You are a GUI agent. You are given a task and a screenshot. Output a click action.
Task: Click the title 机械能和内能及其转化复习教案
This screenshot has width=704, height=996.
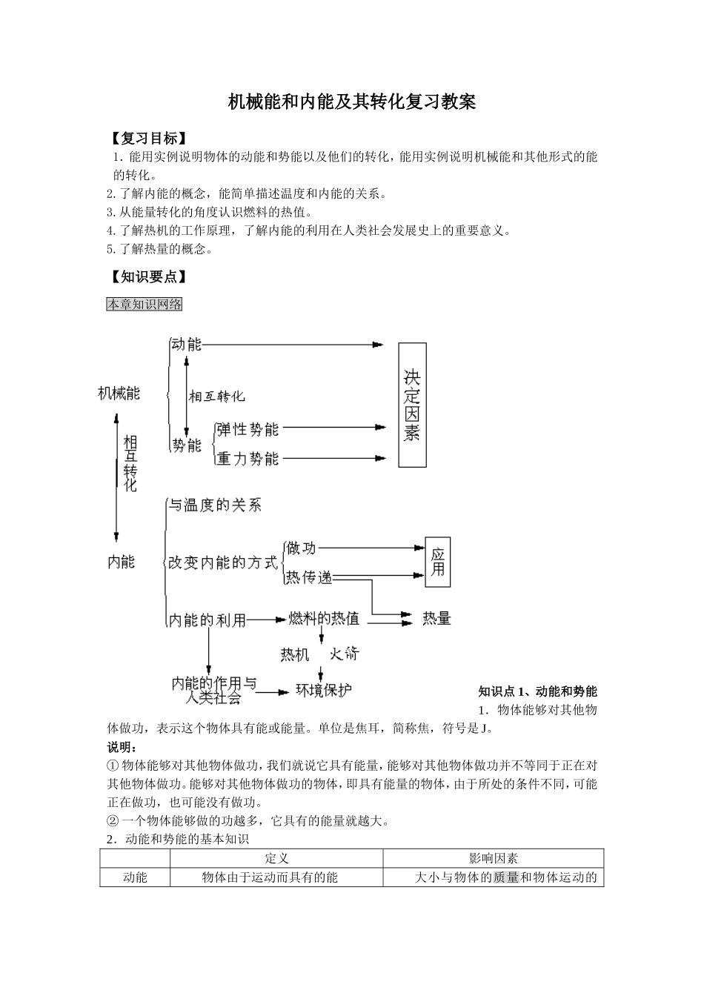coord(351,102)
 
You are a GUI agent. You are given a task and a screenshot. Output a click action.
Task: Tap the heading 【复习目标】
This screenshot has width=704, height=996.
coord(147,139)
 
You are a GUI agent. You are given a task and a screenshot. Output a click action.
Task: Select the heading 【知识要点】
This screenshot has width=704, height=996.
coord(147,277)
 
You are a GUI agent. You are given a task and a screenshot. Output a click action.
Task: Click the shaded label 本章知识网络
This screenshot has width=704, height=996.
coord(145,304)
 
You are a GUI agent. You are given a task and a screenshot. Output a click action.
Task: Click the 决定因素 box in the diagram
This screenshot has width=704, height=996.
coord(412,405)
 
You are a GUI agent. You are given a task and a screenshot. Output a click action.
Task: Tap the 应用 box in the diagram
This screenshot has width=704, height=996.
coord(437,562)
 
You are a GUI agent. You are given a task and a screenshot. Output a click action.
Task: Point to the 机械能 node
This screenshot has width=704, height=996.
coord(119,394)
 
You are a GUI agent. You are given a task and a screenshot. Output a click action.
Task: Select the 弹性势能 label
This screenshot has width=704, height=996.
coord(248,428)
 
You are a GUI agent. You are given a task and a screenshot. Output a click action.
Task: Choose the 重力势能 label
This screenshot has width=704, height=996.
coord(248,459)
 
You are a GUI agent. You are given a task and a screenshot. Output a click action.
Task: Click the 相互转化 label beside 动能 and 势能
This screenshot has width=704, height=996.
coord(216,396)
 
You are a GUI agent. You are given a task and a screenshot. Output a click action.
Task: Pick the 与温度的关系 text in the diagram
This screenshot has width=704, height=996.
coord(215,506)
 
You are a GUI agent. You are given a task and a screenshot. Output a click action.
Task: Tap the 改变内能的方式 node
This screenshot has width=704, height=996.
coord(222,563)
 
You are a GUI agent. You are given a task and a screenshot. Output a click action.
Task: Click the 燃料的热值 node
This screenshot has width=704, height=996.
coord(324,618)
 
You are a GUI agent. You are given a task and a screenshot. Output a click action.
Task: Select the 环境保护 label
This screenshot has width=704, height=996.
coord(324,690)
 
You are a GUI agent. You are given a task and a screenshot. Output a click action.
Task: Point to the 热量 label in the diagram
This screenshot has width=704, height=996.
coord(436,618)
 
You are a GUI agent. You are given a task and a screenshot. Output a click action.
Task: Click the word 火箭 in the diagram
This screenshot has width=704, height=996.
coord(344,654)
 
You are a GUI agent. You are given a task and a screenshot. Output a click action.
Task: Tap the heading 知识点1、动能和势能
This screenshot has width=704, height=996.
coord(537,691)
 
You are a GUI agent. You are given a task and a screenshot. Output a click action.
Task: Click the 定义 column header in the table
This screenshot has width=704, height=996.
coord(276,858)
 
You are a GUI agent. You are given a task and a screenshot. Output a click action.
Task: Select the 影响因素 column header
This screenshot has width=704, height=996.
coord(494,858)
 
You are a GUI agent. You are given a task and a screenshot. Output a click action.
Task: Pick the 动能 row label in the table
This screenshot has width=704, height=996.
coord(135,877)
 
